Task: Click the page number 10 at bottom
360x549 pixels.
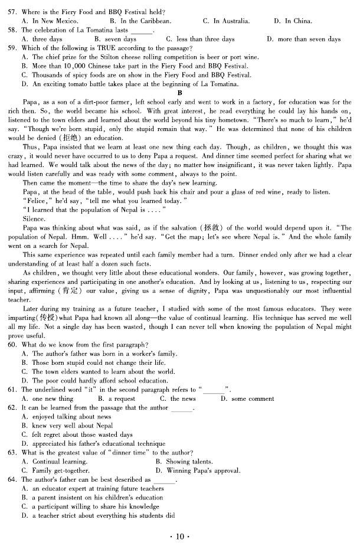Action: click(x=179, y=537)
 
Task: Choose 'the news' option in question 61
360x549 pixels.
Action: click(x=176, y=399)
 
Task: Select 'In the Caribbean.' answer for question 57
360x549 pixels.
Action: click(x=140, y=21)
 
